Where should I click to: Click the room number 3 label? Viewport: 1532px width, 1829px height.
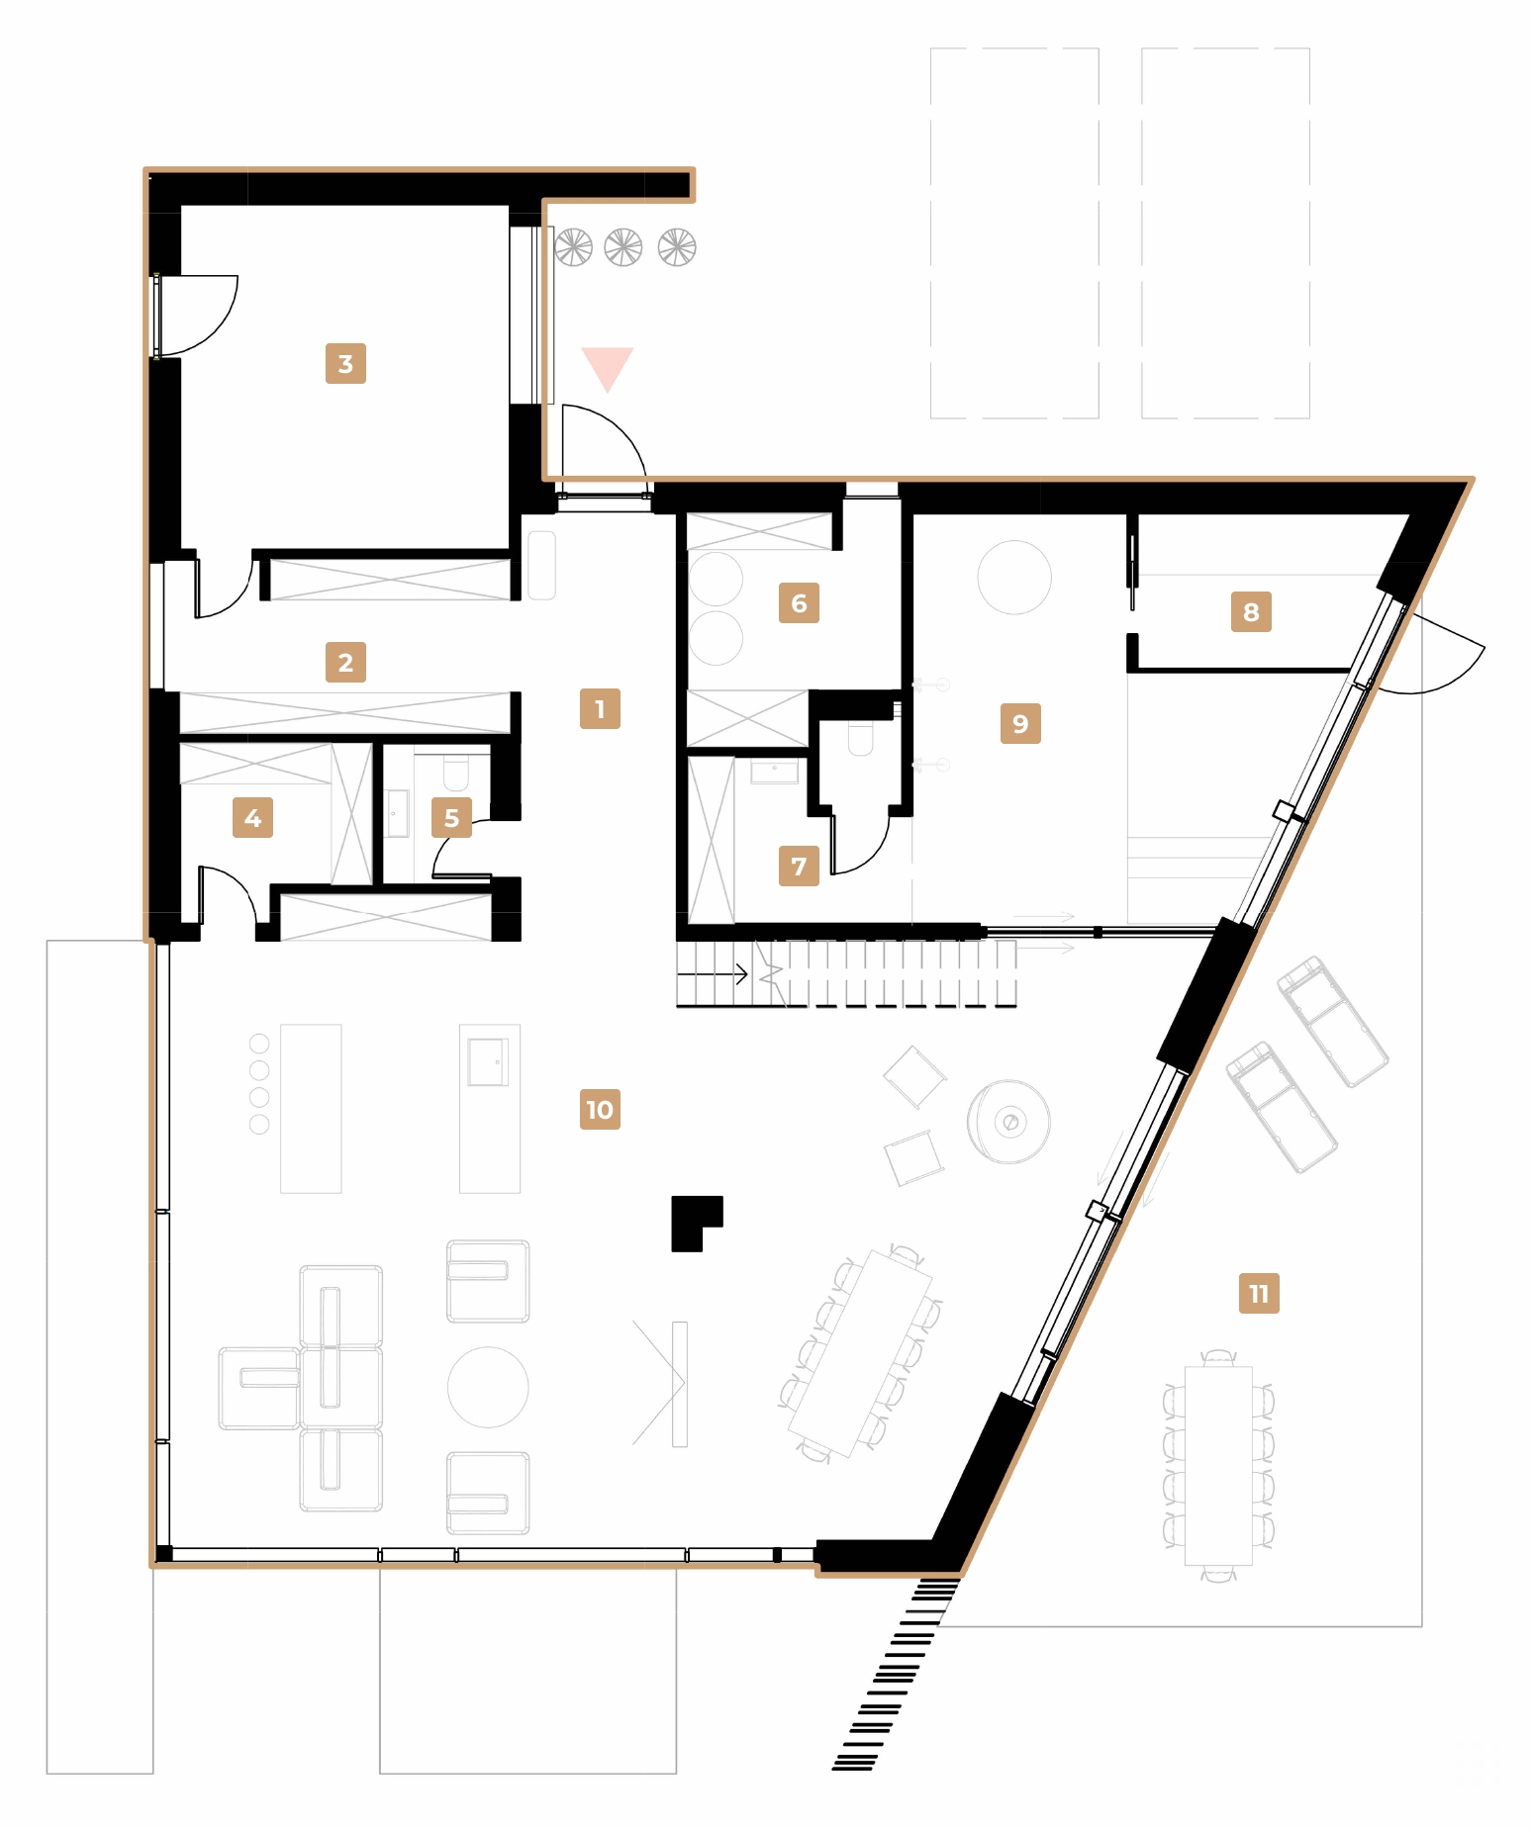(x=345, y=363)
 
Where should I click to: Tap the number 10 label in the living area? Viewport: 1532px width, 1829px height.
(x=600, y=1109)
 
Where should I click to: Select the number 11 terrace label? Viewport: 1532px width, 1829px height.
(x=1258, y=1293)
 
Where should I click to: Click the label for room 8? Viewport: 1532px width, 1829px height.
(x=1251, y=611)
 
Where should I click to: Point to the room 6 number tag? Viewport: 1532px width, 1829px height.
(x=799, y=602)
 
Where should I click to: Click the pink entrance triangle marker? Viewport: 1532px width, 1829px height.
(x=607, y=367)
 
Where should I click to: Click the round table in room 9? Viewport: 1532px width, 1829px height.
(x=1013, y=577)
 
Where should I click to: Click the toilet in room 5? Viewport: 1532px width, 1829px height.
(x=455, y=771)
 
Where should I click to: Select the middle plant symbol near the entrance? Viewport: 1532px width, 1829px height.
(x=623, y=247)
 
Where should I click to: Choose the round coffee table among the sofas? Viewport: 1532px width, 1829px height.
(x=488, y=1386)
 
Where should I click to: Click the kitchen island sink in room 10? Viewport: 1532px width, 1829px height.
(x=488, y=1061)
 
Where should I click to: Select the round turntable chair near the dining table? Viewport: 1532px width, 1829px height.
(x=1008, y=1121)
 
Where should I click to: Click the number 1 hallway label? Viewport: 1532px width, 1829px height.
(x=600, y=708)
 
